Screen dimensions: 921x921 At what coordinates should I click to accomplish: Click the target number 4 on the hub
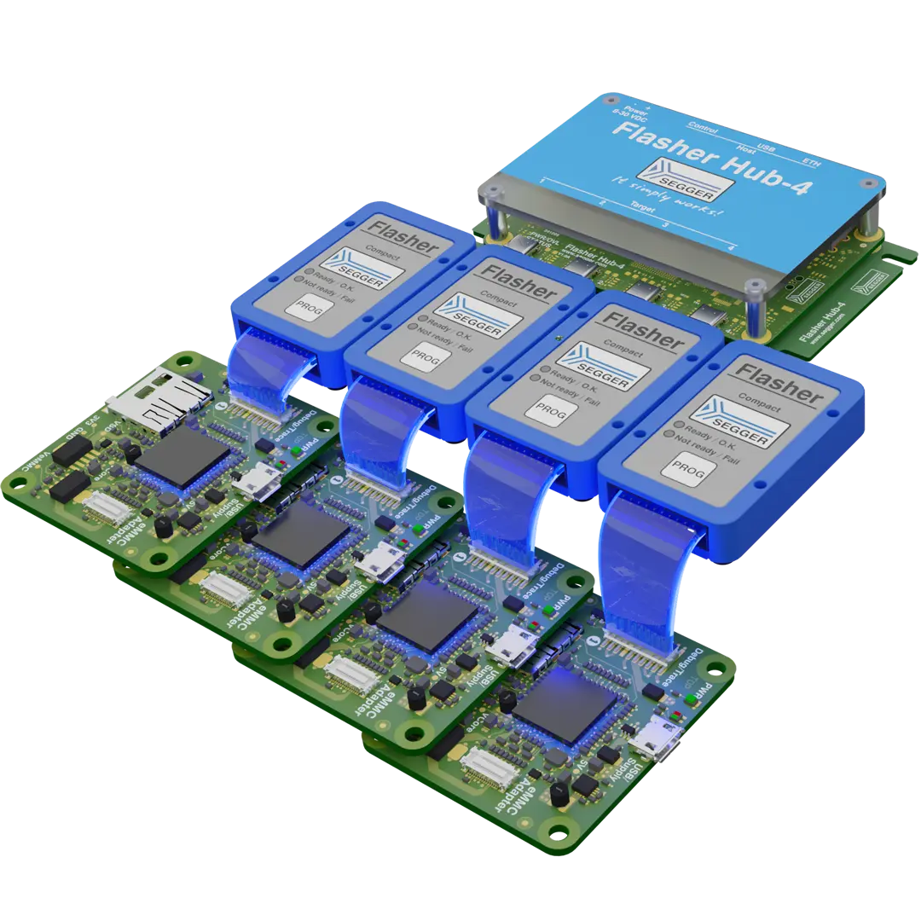click(732, 247)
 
